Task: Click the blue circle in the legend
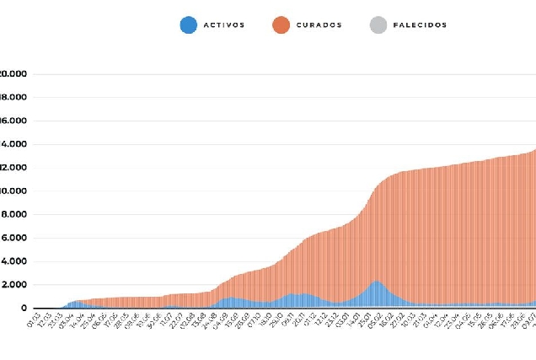[189, 25]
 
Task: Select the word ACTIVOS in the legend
[224, 25]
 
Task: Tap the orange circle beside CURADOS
[281, 25]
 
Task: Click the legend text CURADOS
[319, 25]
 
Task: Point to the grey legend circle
[378, 25]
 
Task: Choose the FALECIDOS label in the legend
[420, 25]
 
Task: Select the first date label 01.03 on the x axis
[33, 321]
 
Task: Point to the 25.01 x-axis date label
[367, 321]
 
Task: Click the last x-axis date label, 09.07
[530, 321]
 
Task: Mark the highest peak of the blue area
[376, 282]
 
